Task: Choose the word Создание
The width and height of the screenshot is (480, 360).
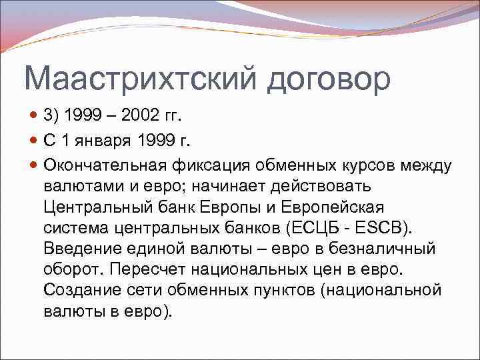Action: click(x=78, y=291)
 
